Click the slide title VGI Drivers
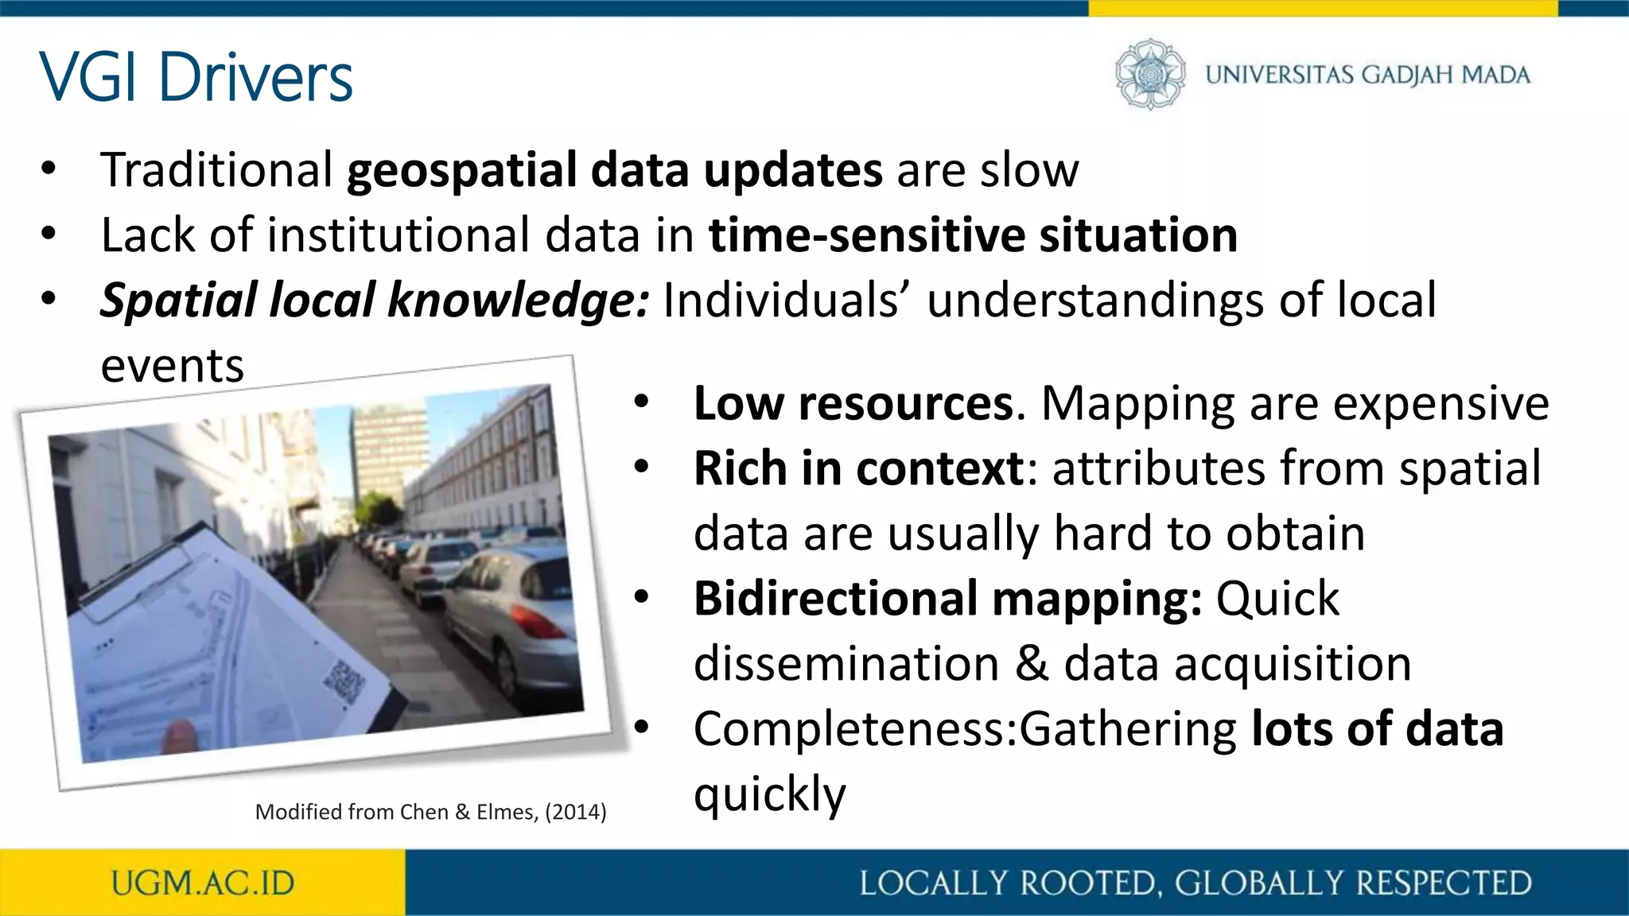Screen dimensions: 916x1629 click(x=196, y=77)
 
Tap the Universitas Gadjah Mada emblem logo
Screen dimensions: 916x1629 click(x=1149, y=74)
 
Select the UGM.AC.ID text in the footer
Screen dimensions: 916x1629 click(x=203, y=883)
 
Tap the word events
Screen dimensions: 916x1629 click(x=172, y=366)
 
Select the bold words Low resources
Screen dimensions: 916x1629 click(x=853, y=403)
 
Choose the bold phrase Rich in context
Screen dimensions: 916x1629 click(x=858, y=468)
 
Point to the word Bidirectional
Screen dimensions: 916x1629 click(x=835, y=598)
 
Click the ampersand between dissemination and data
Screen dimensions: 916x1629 click(x=1032, y=663)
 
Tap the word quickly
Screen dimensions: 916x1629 click(x=769, y=794)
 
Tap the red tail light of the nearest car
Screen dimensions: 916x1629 click(x=538, y=623)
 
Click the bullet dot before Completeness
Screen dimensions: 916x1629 click(x=642, y=728)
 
